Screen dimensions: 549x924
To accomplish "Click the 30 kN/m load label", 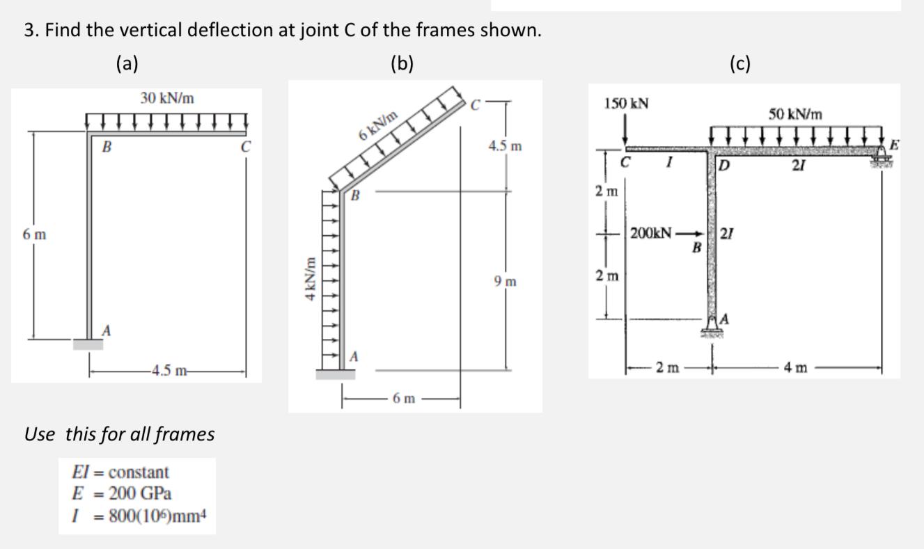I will [x=167, y=99].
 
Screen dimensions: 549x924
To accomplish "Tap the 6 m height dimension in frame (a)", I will [x=33, y=235].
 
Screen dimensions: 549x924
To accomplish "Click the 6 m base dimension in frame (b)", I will [x=404, y=399].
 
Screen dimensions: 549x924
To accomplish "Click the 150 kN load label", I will [x=627, y=104].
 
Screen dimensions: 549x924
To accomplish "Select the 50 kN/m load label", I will [x=795, y=113].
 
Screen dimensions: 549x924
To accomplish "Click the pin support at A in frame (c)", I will [x=712, y=326].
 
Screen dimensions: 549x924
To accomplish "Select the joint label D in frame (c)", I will [x=724, y=165].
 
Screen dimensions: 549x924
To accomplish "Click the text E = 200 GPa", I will [x=121, y=494].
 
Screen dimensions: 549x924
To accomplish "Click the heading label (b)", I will [x=402, y=64].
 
